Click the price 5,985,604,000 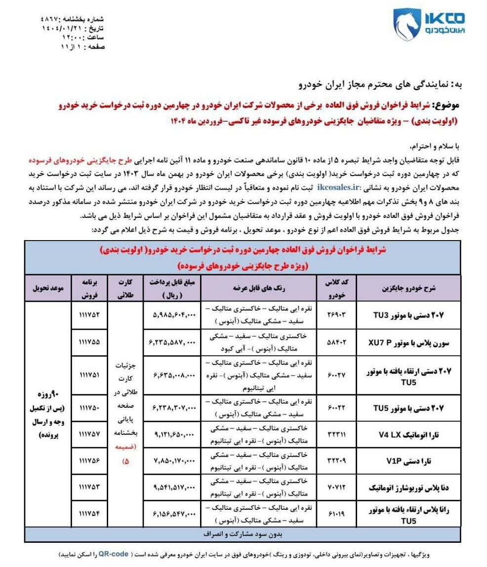tap(171, 314)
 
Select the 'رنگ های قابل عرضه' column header tap(259, 288)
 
